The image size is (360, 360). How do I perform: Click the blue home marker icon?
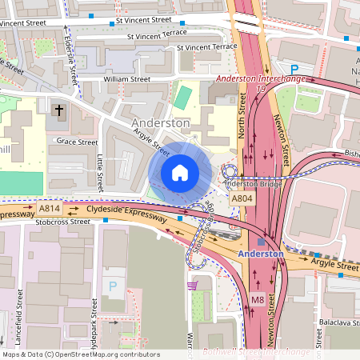tap(180, 172)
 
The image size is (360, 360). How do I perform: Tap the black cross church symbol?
tap(58, 110)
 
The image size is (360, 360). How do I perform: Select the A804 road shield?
tap(242, 198)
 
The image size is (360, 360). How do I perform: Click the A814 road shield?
tap(48, 208)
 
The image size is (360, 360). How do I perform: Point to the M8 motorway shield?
tap(257, 299)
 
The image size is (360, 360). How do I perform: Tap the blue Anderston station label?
tap(260, 254)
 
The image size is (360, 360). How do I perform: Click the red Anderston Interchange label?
tap(262, 78)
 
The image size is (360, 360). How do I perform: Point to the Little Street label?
tap(101, 172)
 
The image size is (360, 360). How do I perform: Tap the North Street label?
tap(242, 115)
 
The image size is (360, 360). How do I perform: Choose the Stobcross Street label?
tap(64, 222)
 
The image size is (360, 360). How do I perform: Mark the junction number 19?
tap(261, 89)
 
